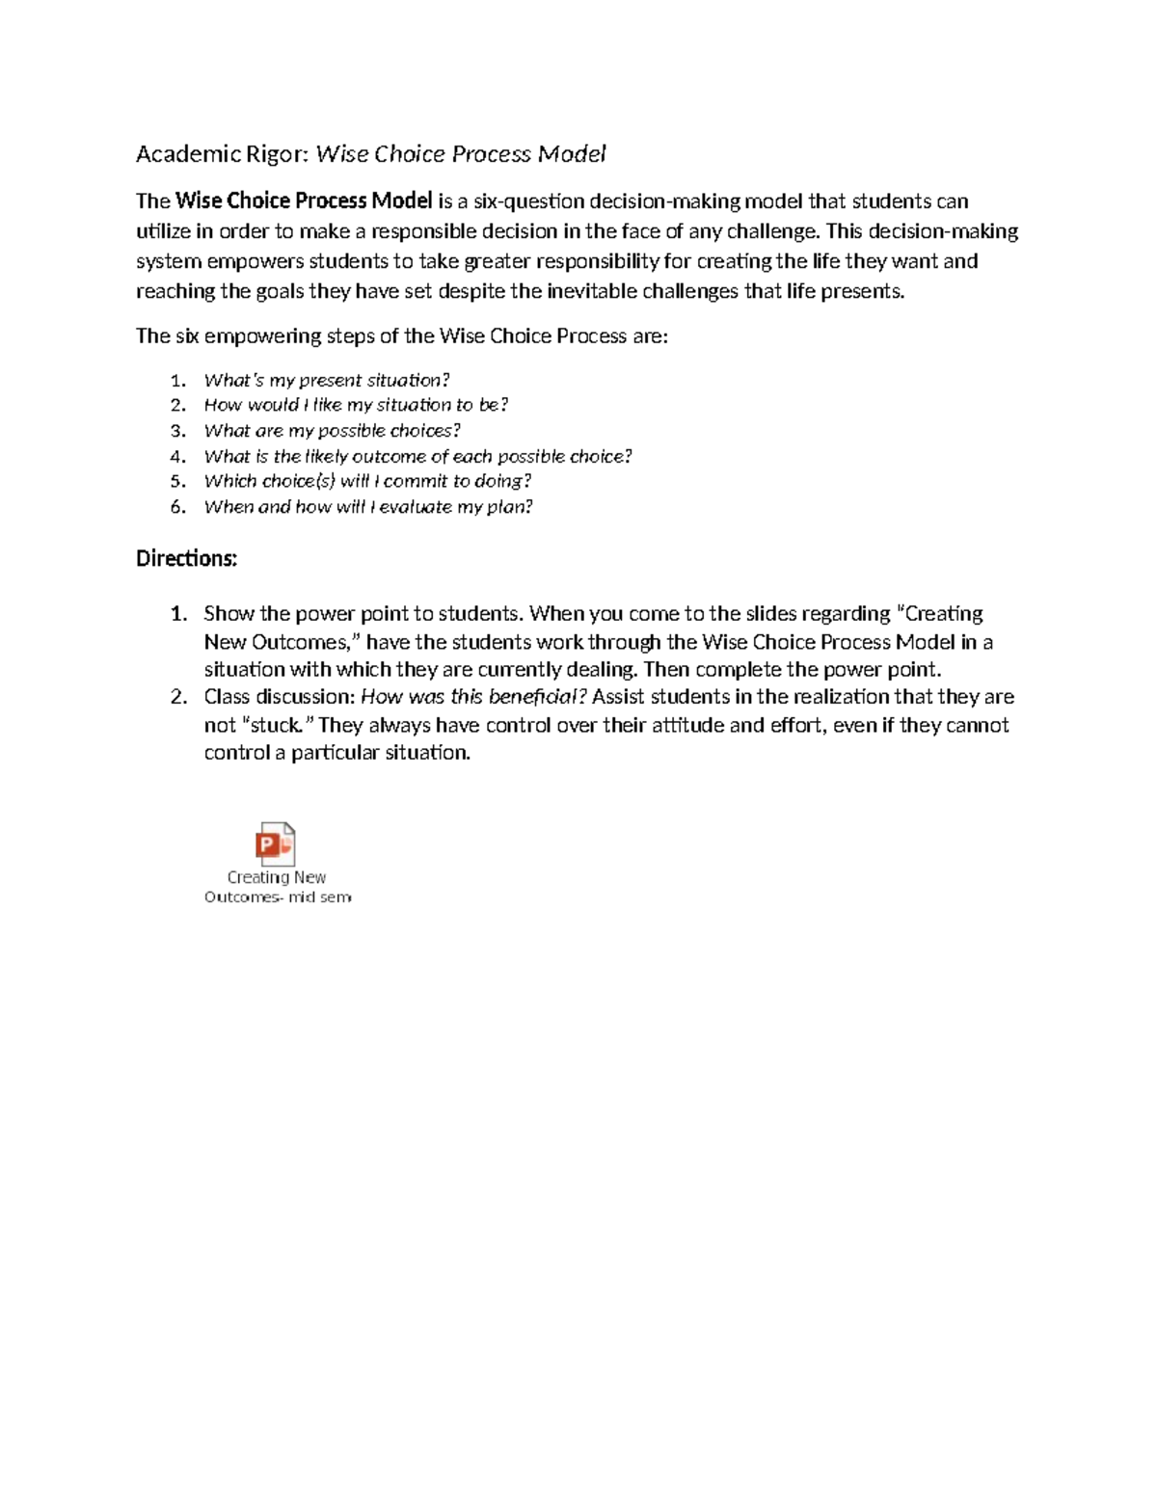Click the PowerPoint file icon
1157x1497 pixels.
[275, 844]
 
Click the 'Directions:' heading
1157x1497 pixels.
[186, 559]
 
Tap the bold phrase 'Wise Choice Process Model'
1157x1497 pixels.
[304, 201]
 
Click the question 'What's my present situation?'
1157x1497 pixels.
[327, 380]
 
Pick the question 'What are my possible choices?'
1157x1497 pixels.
[333, 431]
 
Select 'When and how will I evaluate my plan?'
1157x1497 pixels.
[368, 507]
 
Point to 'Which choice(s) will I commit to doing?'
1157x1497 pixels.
[367, 481]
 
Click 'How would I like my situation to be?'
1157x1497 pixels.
[356, 405]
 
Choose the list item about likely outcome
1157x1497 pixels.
[417, 456]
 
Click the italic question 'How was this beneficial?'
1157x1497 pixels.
[472, 697]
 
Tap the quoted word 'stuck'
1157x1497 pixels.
[276, 725]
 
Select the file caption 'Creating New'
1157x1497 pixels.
[277, 877]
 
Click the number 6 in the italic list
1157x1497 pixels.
[177, 507]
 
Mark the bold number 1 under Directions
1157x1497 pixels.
[177, 614]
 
